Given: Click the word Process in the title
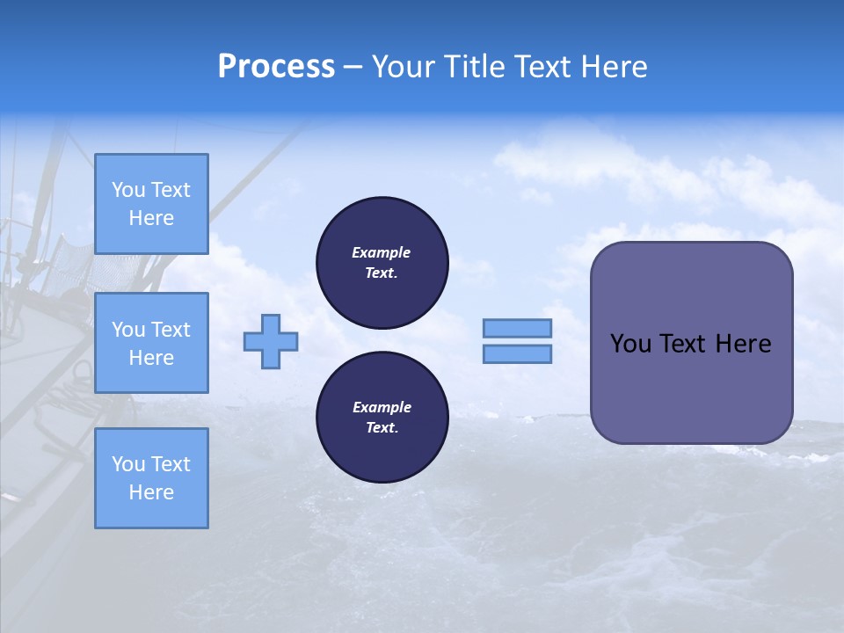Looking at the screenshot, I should [276, 67].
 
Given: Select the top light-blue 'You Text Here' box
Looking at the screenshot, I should [151, 204].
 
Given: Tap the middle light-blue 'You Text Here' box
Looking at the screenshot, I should [151, 343].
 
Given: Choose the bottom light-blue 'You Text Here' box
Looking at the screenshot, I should [151, 478].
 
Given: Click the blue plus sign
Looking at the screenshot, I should [271, 341].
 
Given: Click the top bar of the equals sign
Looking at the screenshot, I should [517, 328].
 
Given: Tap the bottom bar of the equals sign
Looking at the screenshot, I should [517, 353].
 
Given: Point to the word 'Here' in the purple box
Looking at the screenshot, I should [743, 344].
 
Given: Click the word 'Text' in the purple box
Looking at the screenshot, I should [683, 344].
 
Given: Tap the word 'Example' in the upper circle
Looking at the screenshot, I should [382, 252].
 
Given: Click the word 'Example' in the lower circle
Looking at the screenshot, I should [382, 407].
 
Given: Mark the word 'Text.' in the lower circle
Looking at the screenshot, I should [382, 428].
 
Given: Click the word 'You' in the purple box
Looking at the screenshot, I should [630, 344].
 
